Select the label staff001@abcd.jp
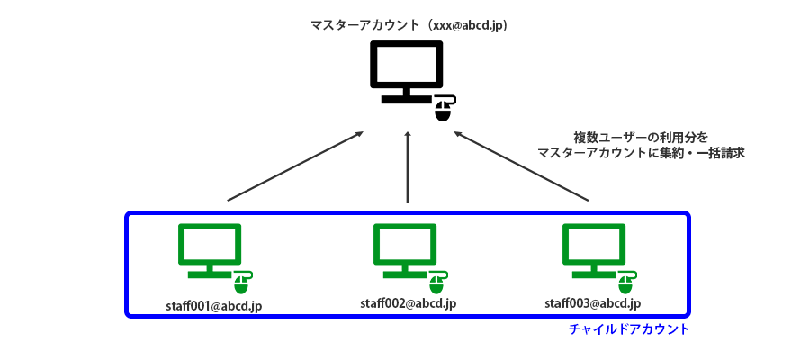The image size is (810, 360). (214, 306)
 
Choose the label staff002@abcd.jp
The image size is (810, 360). (409, 303)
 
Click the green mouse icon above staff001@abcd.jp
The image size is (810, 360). (241, 283)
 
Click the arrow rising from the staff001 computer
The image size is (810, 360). (295, 166)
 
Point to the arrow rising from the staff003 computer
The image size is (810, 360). (522, 166)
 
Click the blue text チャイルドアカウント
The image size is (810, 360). (629, 329)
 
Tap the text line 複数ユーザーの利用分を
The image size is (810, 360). (641, 137)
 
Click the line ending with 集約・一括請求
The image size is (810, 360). (641, 153)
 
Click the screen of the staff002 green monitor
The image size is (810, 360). (406, 243)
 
